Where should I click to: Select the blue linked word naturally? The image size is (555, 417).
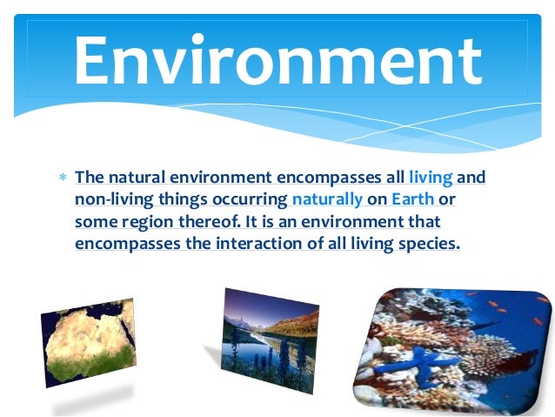[x=328, y=200]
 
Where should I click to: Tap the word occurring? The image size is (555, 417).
[x=251, y=200]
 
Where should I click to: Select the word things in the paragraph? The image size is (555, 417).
[x=179, y=200]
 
